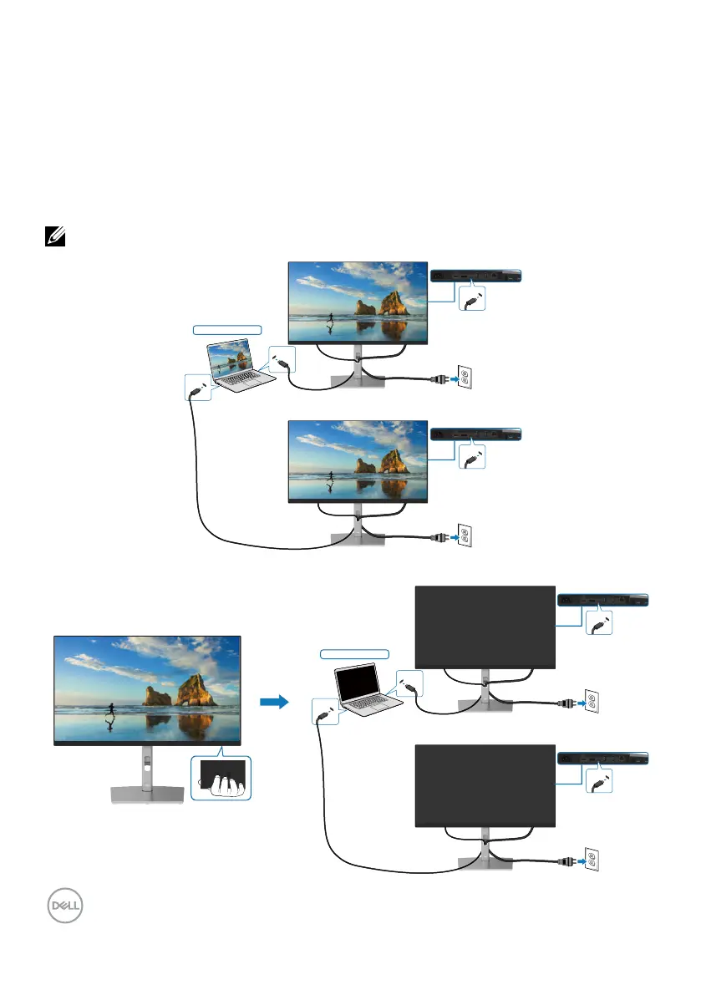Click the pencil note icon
click(x=49, y=238)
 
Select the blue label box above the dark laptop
click(x=355, y=652)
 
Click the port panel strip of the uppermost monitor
click(x=475, y=274)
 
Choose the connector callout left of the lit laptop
click(x=197, y=388)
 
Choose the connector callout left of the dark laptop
click(x=326, y=713)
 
